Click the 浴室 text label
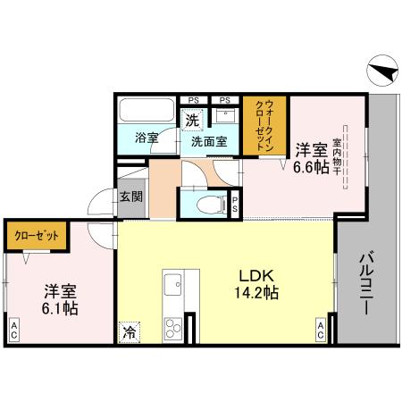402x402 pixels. [x=147, y=138]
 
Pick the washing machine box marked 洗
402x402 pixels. [x=191, y=119]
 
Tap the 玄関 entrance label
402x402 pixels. [x=130, y=197]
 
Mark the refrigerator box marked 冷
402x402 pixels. [x=130, y=331]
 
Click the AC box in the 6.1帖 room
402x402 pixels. [x=15, y=330]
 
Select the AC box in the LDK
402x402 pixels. [x=320, y=331]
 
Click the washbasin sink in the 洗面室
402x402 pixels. [x=224, y=116]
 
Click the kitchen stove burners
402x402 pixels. [x=172, y=326]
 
